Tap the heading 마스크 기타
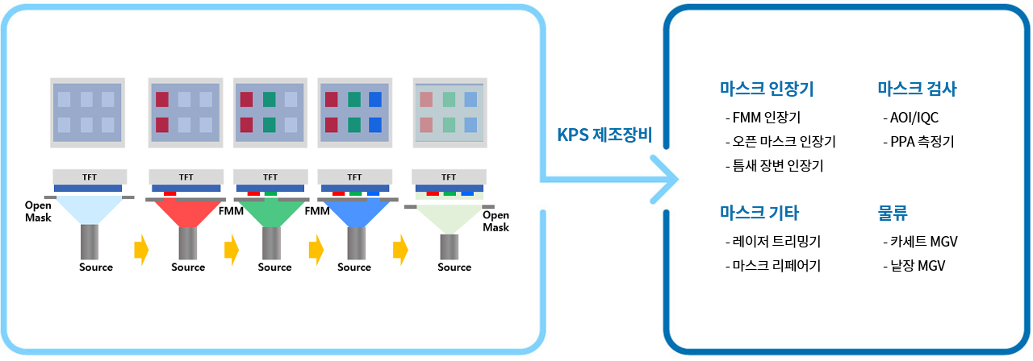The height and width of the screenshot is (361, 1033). pyautogui.click(x=759, y=213)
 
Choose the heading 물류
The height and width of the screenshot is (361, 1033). pyautogui.click(x=893, y=213)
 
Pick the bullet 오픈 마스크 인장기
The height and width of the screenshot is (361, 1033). pyautogui.click(x=780, y=142)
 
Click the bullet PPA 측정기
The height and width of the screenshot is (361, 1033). pyautogui.click(x=918, y=142)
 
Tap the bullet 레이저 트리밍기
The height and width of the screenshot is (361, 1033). pyautogui.click(x=773, y=241)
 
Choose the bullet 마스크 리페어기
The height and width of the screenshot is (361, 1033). pyautogui.click(x=773, y=265)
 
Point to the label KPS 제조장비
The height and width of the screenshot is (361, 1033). pyautogui.click(x=604, y=135)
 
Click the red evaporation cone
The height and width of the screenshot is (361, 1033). pyautogui.click(x=187, y=212)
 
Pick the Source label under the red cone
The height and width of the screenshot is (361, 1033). pyautogui.click(x=188, y=268)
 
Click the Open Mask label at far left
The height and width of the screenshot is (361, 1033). pyautogui.click(x=38, y=211)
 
